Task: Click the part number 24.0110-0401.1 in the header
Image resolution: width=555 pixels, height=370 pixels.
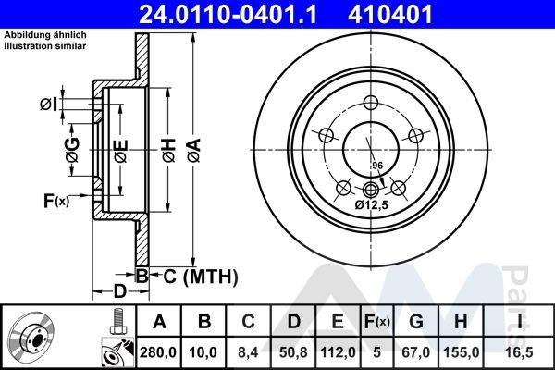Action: (x=228, y=15)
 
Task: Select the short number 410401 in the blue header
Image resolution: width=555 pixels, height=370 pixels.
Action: (x=390, y=15)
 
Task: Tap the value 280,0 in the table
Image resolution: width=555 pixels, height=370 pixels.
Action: (x=158, y=352)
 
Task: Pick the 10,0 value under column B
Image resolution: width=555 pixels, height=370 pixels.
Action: (x=203, y=352)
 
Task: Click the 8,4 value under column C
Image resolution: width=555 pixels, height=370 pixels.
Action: (x=248, y=352)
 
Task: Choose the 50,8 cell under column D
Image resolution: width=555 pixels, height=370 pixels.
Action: (x=293, y=352)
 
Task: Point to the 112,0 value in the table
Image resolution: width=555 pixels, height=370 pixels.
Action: (x=338, y=352)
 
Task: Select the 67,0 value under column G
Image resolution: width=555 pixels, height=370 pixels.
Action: (x=416, y=352)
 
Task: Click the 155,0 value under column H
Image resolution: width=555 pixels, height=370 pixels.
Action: (x=461, y=352)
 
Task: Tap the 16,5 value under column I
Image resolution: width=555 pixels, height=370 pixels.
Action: (x=519, y=352)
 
